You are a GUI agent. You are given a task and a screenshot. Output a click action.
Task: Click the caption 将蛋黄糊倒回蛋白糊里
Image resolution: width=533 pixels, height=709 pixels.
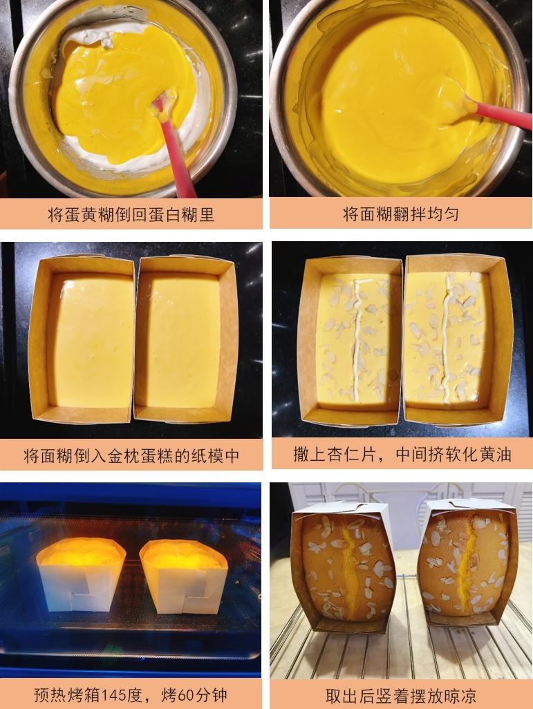131,214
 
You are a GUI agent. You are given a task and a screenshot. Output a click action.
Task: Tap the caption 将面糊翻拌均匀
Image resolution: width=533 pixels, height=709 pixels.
400,214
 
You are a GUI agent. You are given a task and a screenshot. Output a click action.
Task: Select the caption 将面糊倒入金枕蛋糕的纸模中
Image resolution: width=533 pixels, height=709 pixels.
131,456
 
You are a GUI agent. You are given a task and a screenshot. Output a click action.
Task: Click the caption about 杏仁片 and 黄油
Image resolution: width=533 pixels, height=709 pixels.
402,455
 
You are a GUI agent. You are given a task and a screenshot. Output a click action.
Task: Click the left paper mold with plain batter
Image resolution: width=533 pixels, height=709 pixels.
82,339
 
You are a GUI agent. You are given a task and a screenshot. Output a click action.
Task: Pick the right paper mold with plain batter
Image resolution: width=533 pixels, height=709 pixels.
185,339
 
